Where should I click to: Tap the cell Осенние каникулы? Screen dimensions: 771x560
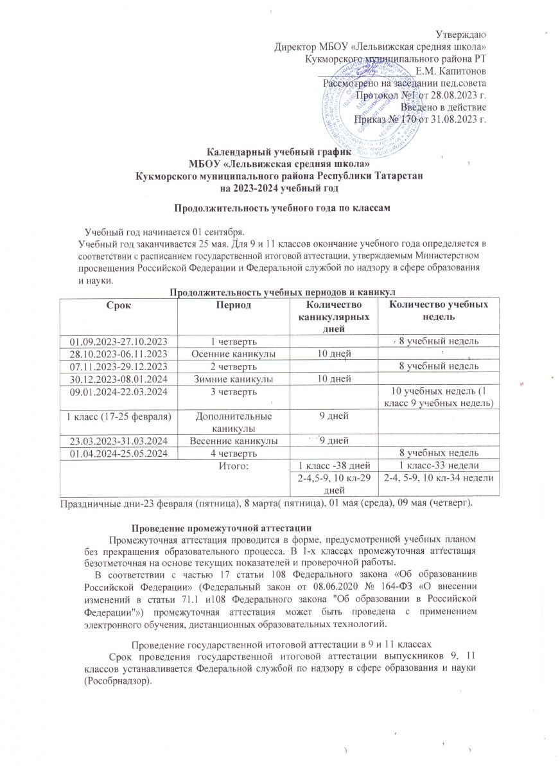(x=232, y=353)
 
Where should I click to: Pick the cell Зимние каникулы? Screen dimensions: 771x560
(x=232, y=378)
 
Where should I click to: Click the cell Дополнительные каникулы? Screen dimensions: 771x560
(x=232, y=421)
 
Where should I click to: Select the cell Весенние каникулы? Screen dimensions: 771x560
(x=232, y=441)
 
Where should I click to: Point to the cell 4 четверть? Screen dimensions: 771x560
(x=232, y=454)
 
